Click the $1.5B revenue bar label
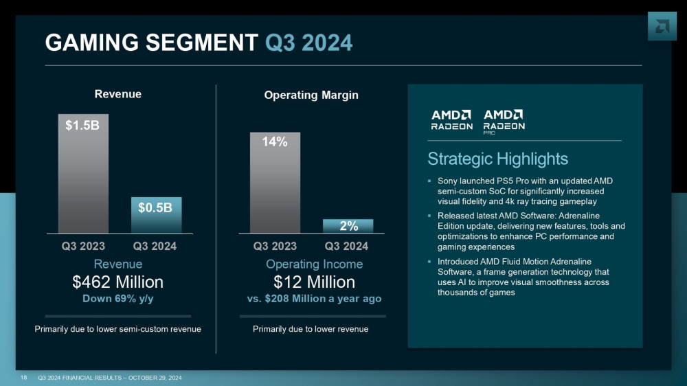[82, 126]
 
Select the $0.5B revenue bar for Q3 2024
[155, 214]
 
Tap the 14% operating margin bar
[275, 182]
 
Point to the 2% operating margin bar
[348, 226]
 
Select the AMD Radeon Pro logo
[504, 121]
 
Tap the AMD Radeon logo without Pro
[451, 120]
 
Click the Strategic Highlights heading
[497, 159]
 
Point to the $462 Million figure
[118, 282]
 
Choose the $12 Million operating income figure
[313, 282]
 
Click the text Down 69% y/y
[118, 299]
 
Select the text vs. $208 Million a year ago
[313, 299]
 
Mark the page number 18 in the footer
[24, 378]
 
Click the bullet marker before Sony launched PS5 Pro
[429, 181]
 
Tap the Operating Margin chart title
[311, 95]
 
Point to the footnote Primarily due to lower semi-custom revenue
[118, 329]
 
